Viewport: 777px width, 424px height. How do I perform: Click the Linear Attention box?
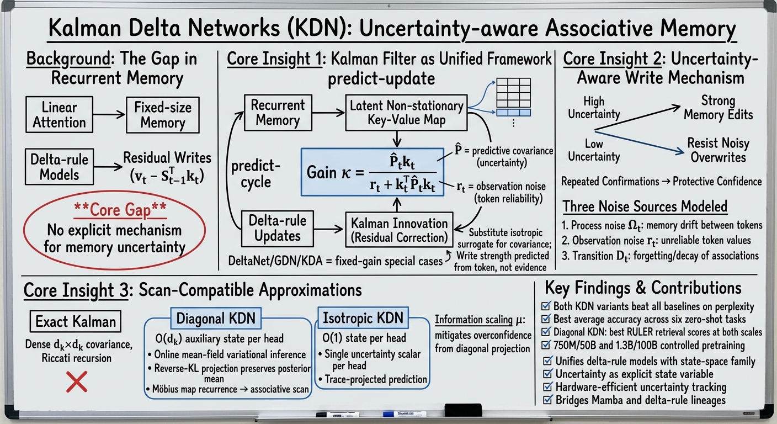click(59, 115)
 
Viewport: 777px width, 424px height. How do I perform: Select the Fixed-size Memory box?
click(163, 115)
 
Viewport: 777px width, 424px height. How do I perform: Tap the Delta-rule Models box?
click(59, 167)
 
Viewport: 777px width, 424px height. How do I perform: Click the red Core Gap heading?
click(120, 210)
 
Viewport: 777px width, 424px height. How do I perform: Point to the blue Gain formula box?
click(372, 172)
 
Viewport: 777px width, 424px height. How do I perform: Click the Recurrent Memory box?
click(278, 113)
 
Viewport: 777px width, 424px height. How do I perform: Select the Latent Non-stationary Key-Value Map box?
click(406, 113)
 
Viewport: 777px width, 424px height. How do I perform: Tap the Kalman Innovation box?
click(399, 230)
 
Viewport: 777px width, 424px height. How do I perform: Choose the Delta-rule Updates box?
click(277, 229)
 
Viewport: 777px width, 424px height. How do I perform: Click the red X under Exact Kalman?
click(77, 381)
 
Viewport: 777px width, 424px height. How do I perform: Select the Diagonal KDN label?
click(216, 318)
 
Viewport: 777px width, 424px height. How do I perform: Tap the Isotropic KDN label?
click(363, 317)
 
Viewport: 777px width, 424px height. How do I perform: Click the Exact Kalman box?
click(76, 321)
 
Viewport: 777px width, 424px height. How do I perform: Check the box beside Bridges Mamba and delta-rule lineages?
click(547, 400)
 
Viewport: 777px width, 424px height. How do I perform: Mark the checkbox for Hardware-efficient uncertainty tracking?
click(547, 386)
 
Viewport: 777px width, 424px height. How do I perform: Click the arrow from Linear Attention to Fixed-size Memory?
click(109, 114)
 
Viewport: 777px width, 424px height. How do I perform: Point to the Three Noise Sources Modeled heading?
click(645, 206)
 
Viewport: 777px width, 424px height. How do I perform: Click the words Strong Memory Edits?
click(718, 108)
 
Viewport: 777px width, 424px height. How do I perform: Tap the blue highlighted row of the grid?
click(513, 113)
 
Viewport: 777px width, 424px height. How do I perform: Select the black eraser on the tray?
click(463, 410)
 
